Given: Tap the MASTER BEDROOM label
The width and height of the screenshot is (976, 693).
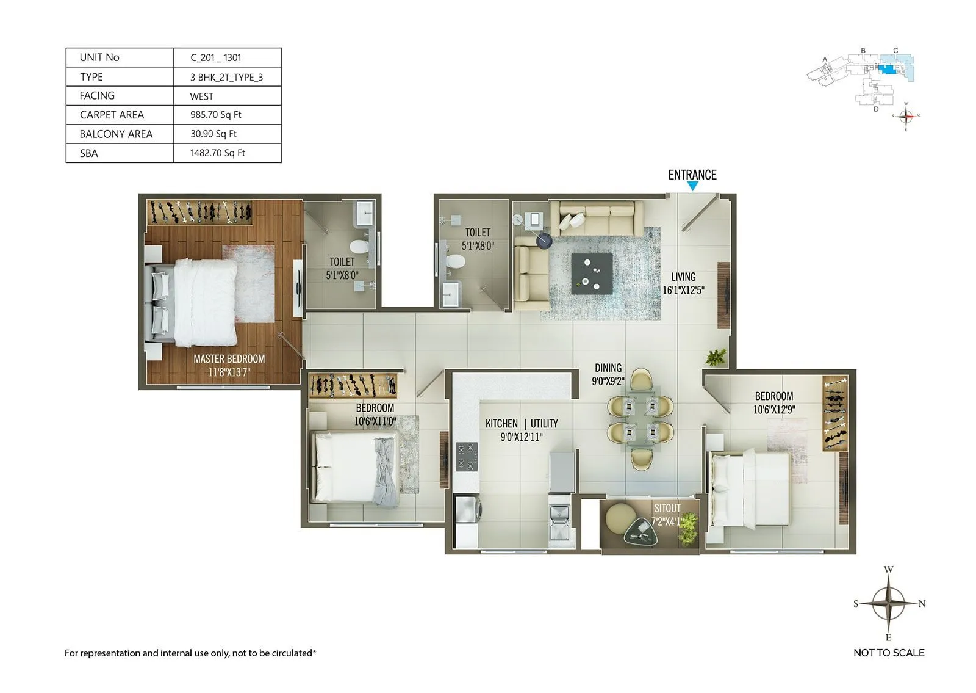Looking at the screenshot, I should coord(229,359).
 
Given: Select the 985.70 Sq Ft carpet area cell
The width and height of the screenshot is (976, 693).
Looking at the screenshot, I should coord(216,115).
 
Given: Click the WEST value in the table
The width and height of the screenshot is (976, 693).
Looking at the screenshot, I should coord(202,96).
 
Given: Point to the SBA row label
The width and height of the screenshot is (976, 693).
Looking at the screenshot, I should coord(89,153).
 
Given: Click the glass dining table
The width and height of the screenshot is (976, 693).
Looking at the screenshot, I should coord(640,419).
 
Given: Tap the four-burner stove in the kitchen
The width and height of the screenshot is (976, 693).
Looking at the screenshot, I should coord(467,457).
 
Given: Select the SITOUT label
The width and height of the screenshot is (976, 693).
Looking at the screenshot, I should coord(667,508).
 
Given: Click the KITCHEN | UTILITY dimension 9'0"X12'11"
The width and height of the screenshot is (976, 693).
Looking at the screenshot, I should coord(521,437).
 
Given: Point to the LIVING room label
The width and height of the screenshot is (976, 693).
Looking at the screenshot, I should coord(683,277).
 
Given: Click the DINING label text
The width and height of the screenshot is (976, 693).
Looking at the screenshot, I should coord(608,368).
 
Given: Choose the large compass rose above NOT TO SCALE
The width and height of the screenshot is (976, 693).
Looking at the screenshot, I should coord(888,603).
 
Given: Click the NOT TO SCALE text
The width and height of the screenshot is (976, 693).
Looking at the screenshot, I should coord(888,653).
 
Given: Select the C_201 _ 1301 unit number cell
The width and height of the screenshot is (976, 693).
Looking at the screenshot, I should coord(216,58).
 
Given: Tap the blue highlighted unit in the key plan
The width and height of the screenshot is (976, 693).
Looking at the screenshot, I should coord(888,70).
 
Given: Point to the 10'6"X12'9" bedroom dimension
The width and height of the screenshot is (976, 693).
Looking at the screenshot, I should coord(773,410).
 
